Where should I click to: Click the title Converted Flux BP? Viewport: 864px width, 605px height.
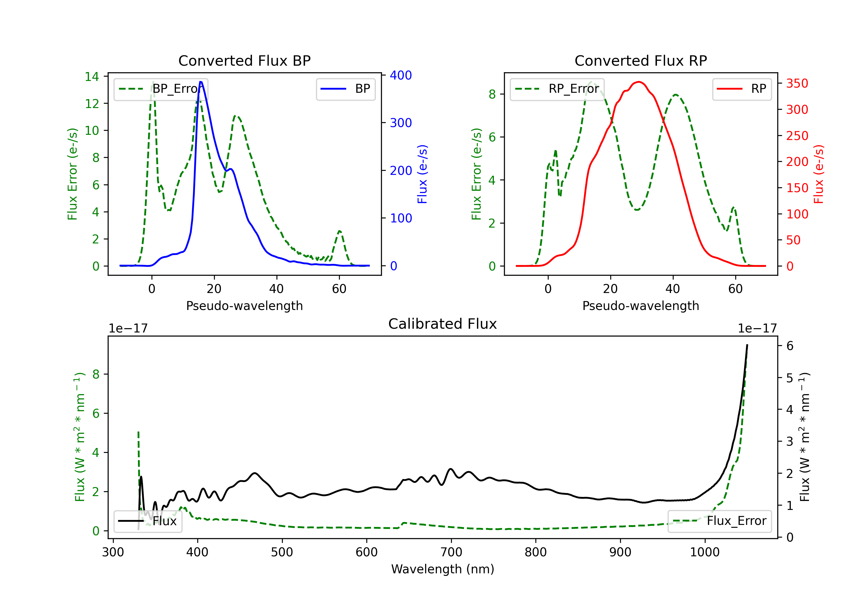tap(244, 60)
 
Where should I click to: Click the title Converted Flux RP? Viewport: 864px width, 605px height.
tap(641, 60)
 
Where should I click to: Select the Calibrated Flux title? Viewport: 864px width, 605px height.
tap(443, 324)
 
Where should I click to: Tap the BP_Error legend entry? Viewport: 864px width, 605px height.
tap(161, 89)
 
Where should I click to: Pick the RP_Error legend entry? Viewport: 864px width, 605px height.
tap(557, 89)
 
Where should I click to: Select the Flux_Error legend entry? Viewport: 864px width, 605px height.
tap(719, 521)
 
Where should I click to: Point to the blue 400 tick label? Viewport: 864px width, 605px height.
tap(401, 75)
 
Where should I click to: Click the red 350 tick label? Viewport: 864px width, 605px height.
tap(797, 83)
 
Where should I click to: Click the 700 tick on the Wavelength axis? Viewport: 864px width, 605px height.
tap(451, 552)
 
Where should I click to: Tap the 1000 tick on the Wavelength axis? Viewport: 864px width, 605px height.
tap(704, 552)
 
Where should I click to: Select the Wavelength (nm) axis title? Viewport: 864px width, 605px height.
tap(443, 569)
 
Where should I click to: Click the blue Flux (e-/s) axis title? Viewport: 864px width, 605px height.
tap(422, 174)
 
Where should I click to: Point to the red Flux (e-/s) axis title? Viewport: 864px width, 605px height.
tap(818, 174)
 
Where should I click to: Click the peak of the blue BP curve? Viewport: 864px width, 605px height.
tap(201, 82)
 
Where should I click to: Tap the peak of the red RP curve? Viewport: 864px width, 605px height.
tap(638, 82)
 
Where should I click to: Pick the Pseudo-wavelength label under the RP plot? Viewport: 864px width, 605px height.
tap(641, 306)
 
